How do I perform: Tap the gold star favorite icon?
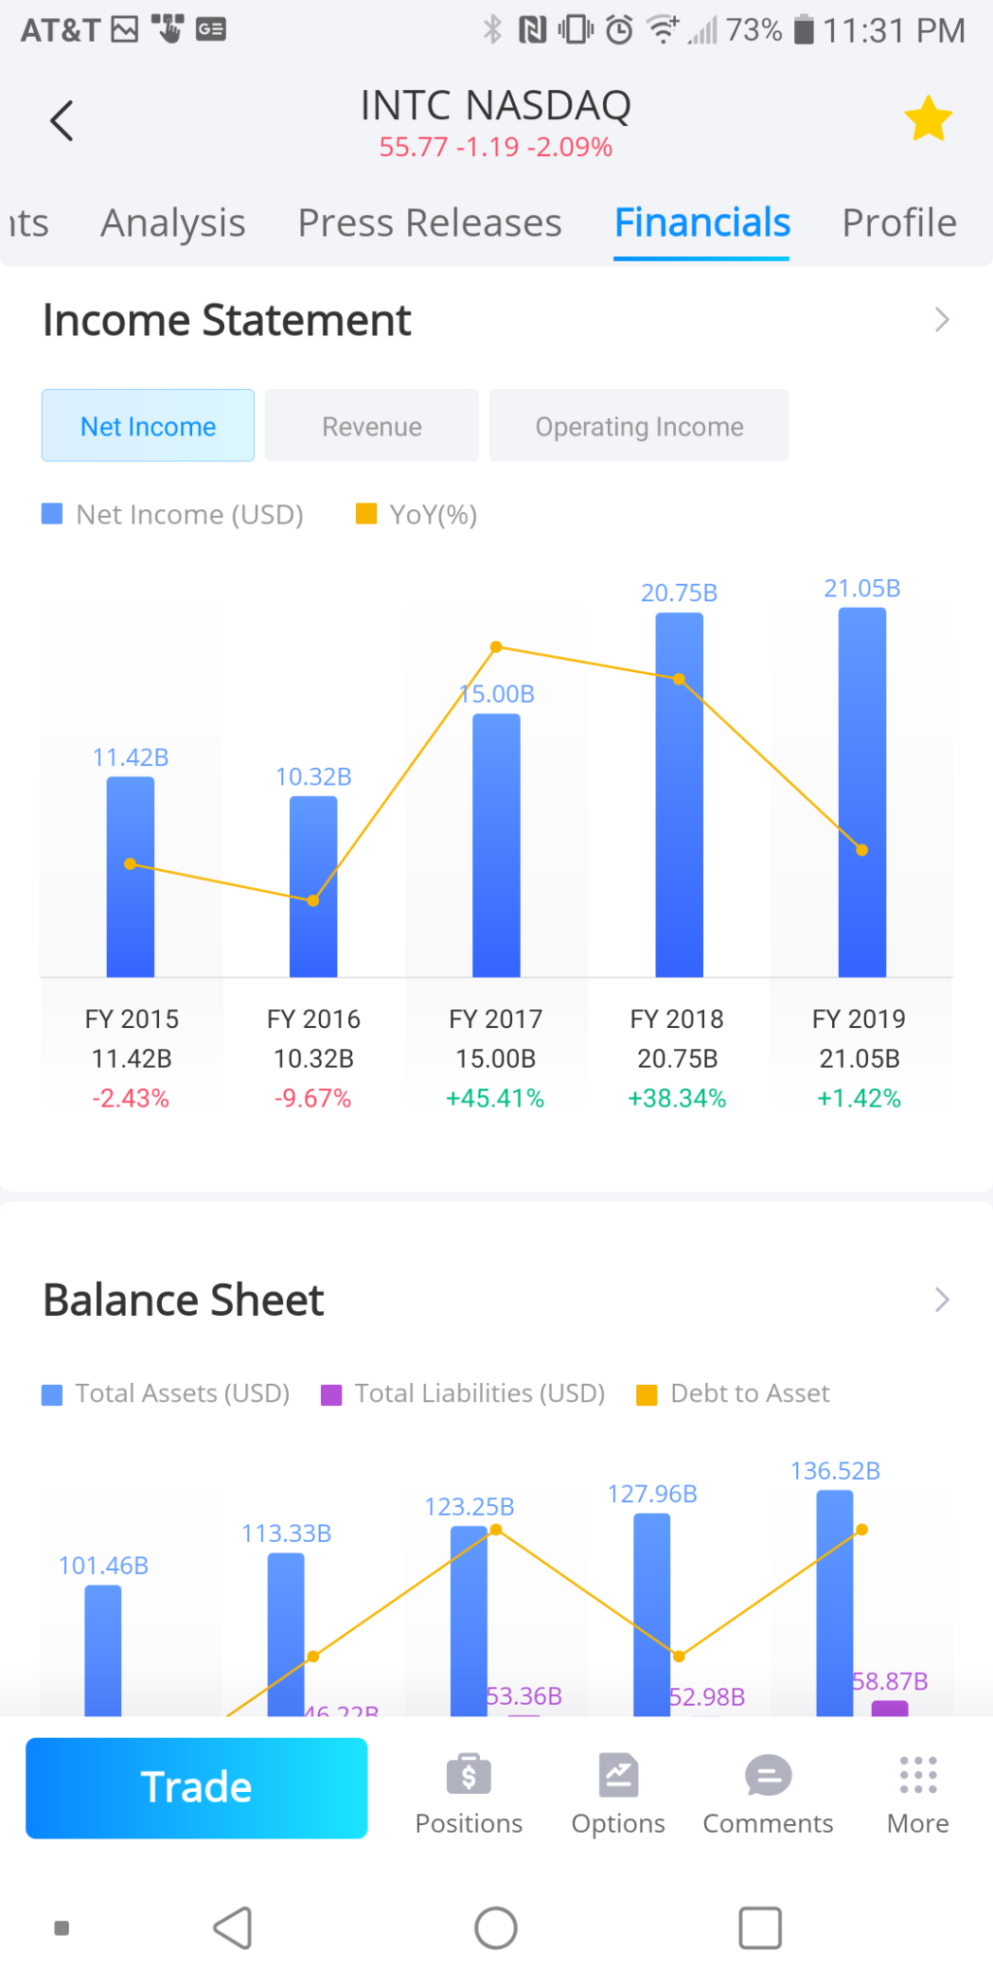point(928,119)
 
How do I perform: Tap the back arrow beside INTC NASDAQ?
point(62,121)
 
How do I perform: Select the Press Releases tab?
point(430,223)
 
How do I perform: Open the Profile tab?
point(899,223)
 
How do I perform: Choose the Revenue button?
point(371,427)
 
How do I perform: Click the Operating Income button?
point(639,427)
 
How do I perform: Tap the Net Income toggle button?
point(148,427)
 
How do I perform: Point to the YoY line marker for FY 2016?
point(313,901)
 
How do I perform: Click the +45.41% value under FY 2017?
point(495,1099)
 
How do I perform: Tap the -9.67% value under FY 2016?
point(312,1099)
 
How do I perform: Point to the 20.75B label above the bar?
point(679,593)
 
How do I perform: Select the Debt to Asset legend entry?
point(733,1393)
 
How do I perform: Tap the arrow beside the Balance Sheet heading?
point(941,1299)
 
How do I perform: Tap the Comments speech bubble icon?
point(768,1777)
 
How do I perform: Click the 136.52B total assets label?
point(835,1471)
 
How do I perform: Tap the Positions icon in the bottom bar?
point(468,1777)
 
